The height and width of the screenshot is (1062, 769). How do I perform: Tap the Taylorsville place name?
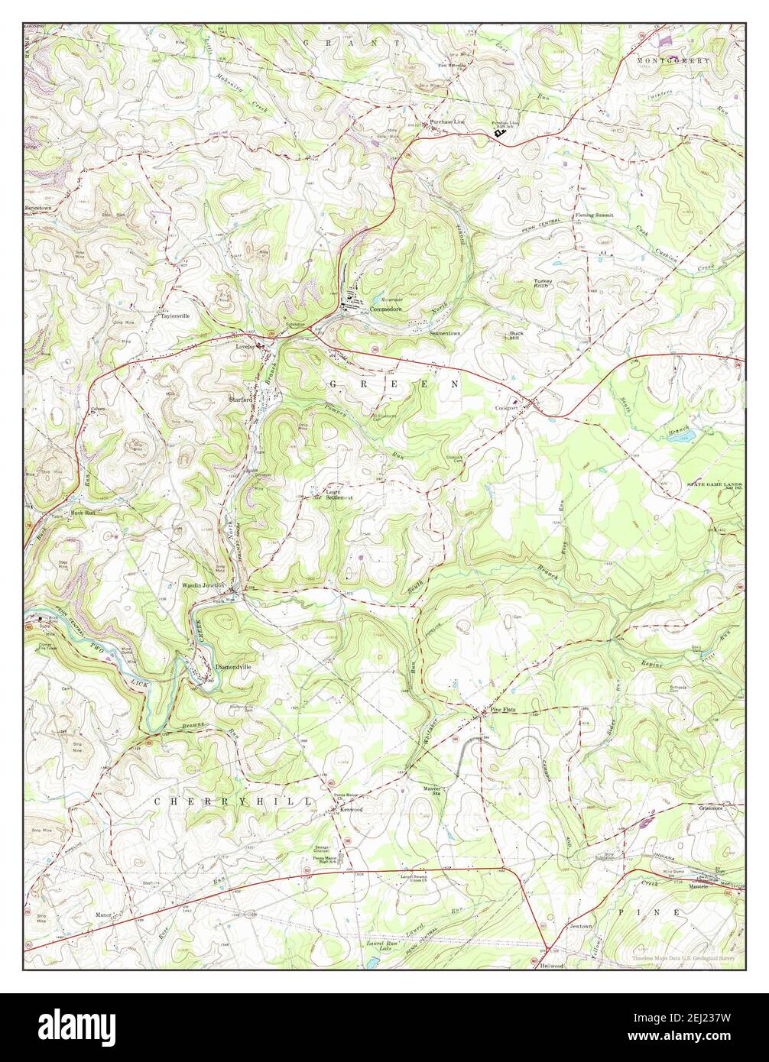pyautogui.click(x=174, y=315)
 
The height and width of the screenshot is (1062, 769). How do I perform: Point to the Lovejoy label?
pyautogui.click(x=244, y=345)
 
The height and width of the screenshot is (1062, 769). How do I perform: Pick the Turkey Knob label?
pyautogui.click(x=542, y=283)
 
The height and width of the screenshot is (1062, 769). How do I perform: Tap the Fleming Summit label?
pyautogui.click(x=594, y=215)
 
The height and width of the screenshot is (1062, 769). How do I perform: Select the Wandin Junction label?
pyautogui.click(x=203, y=585)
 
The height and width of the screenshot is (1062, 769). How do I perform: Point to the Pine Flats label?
pyautogui.click(x=503, y=710)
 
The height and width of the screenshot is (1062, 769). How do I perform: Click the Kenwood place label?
pyautogui.click(x=351, y=808)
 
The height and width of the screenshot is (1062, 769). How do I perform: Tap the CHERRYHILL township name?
pyautogui.click(x=233, y=801)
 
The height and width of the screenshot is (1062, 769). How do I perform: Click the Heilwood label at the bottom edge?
pyautogui.click(x=550, y=966)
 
